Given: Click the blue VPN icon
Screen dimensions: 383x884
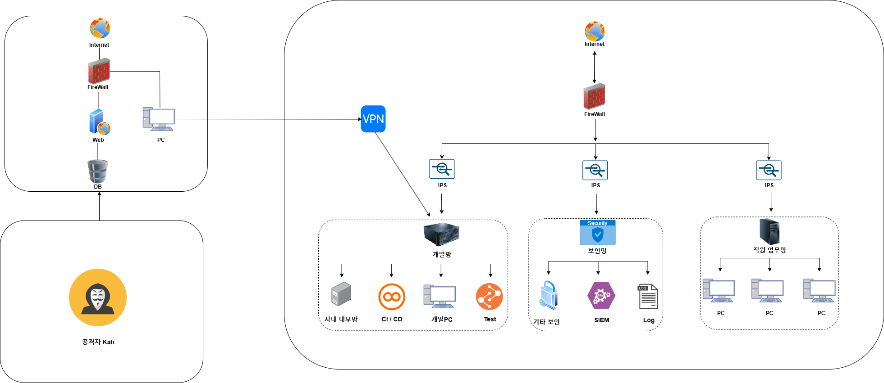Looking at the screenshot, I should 373,119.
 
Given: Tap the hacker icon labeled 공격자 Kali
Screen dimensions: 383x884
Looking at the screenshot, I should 98,297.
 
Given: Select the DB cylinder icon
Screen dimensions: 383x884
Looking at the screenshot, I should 98,171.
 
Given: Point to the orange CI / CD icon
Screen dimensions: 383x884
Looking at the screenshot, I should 392,297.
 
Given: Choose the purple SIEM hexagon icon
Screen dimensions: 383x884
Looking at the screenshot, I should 601,296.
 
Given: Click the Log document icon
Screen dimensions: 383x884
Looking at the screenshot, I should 648,297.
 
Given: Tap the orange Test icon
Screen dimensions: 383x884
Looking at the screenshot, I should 489,297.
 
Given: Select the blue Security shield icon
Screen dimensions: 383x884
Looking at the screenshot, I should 597,232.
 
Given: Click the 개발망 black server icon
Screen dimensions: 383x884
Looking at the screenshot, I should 441,234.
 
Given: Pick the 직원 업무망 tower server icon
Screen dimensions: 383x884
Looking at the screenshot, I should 769,231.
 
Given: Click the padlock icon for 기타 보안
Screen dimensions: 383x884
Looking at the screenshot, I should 549,295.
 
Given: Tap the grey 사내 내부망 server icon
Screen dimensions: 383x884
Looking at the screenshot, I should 341,294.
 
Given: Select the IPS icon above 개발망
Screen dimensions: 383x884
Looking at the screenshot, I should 442,169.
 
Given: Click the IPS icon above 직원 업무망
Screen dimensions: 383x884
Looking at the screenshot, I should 769,171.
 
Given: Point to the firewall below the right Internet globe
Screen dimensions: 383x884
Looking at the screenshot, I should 594,96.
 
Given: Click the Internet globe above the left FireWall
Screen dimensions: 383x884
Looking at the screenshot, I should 100,29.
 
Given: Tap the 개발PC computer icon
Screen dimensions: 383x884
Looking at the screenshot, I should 440,297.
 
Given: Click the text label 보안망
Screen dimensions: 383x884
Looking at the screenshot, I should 597,251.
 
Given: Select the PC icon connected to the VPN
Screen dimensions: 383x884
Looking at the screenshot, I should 159,119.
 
